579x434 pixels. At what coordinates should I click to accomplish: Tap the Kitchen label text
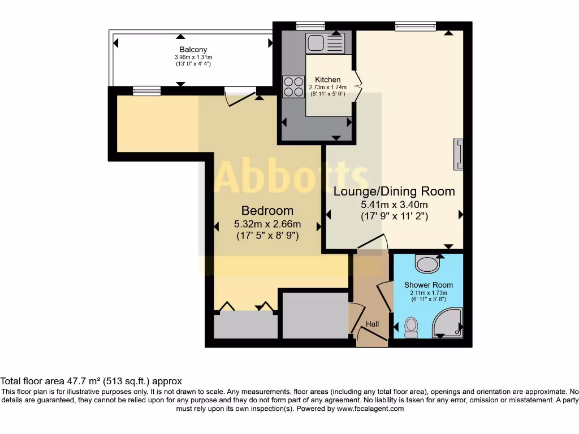pos(327,80)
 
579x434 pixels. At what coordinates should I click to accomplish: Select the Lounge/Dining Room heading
pos(394,192)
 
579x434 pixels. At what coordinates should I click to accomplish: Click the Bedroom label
pos(267,211)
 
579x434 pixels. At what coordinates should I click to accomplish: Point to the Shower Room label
pos(428,285)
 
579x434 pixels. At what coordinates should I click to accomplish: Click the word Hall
pos(372,324)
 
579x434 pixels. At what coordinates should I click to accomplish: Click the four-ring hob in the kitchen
pos(293,86)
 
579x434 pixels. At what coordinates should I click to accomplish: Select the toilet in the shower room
pos(411,327)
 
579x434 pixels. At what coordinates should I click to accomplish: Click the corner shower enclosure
pos(447,321)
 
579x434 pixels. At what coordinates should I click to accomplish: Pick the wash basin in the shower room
pos(427,263)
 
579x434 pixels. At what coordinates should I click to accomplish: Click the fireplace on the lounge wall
pos(458,154)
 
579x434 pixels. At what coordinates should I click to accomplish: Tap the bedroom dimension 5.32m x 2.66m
pos(267,224)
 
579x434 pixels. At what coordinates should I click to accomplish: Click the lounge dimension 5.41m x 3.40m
pos(394,205)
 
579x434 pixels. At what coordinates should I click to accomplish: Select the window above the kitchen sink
pos(311,25)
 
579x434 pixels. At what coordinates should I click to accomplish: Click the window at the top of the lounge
pos(416,25)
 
